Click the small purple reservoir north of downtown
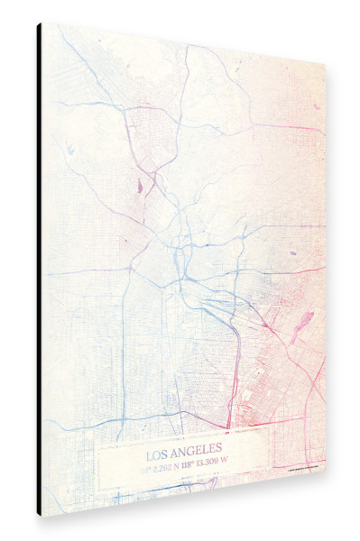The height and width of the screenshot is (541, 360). pyautogui.click(x=141, y=188)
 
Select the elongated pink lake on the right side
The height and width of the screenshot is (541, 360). pyautogui.click(x=304, y=320)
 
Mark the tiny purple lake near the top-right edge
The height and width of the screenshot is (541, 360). pyautogui.click(x=316, y=107)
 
